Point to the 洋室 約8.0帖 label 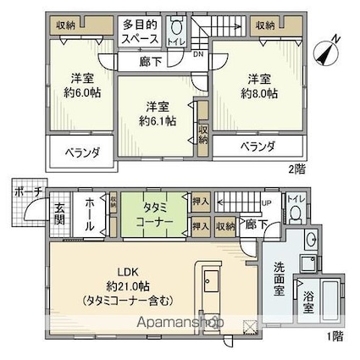259,86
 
